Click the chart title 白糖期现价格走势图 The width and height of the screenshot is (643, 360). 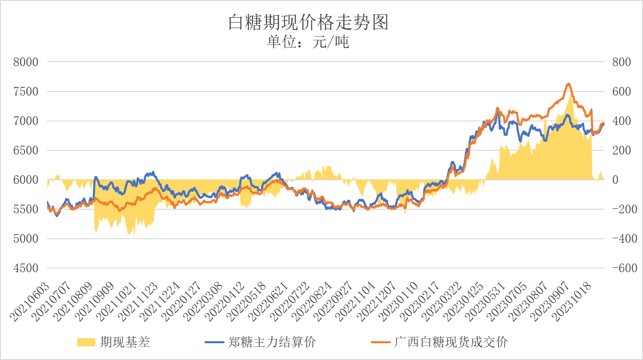(x=308, y=22)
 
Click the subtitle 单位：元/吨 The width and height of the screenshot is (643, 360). (x=308, y=42)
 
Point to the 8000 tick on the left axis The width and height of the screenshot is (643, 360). (x=27, y=62)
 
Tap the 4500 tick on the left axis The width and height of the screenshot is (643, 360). (x=27, y=268)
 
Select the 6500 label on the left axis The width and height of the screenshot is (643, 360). (x=27, y=150)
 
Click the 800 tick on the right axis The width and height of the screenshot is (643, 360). (x=621, y=62)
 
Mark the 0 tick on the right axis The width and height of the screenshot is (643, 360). (x=615, y=180)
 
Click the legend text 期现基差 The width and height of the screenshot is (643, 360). (x=125, y=342)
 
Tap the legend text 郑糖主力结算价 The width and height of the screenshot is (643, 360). (x=271, y=342)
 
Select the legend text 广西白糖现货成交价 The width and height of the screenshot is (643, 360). (x=451, y=342)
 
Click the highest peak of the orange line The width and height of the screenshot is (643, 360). (x=568, y=84)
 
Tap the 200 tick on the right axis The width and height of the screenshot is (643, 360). (x=621, y=150)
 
